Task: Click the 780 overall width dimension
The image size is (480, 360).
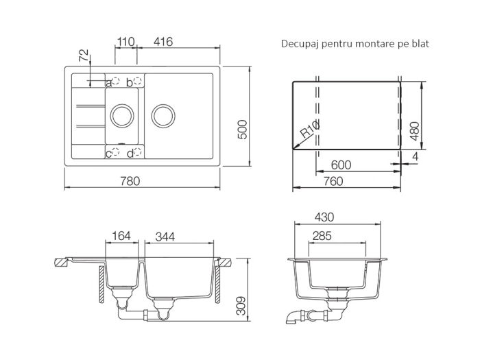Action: coord(130,181)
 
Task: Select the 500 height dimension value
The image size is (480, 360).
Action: coord(243,130)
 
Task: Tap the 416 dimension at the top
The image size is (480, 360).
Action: coord(163,41)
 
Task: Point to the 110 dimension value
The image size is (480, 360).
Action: coord(125,41)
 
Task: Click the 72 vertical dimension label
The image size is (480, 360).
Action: coord(84,56)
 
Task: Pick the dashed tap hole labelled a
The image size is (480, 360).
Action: coord(115,81)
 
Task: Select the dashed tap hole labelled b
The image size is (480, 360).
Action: coord(137,81)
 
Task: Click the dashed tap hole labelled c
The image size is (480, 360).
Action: coord(115,152)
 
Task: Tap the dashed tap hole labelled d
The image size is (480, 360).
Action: coord(138,152)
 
